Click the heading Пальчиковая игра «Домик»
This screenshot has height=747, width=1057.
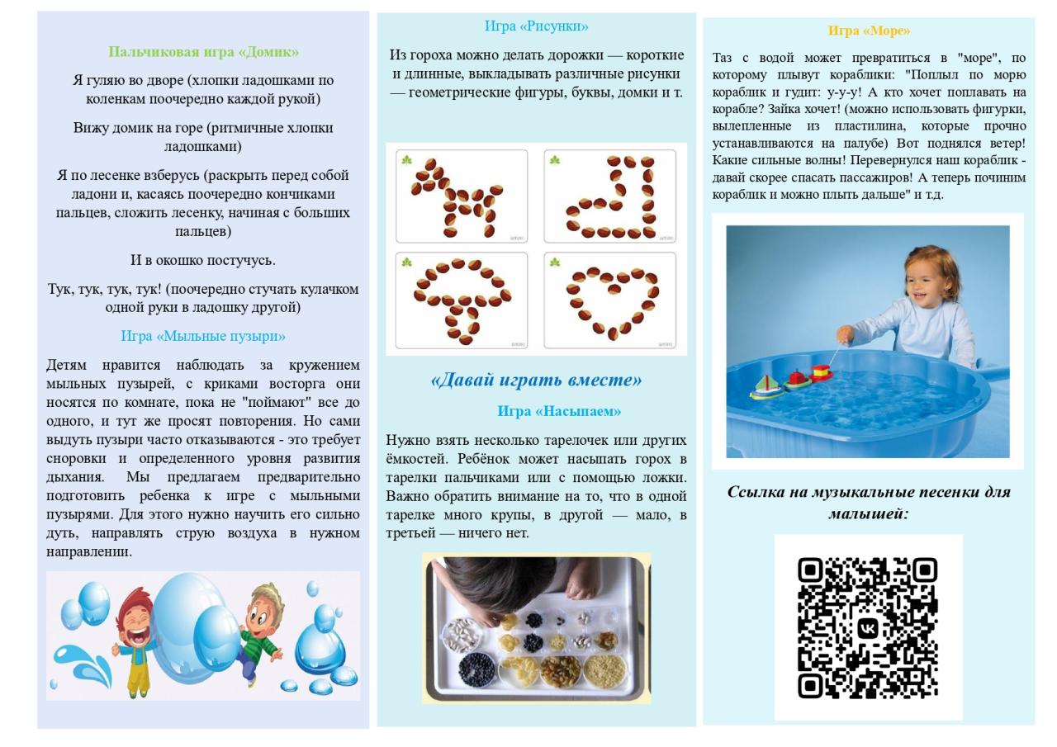tap(203, 52)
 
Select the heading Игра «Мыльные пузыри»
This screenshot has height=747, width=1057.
tap(203, 336)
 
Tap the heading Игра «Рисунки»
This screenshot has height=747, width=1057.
tap(537, 26)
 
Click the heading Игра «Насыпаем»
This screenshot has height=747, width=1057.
tap(559, 410)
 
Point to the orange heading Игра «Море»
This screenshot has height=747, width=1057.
tap(869, 31)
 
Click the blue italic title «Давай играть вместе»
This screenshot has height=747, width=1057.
tap(536, 380)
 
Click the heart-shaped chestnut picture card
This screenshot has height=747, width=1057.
tap(610, 301)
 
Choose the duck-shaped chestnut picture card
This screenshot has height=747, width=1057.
tap(610, 196)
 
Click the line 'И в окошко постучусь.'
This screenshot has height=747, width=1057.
tap(203, 260)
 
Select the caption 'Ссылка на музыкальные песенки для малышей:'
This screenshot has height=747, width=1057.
tap(869, 502)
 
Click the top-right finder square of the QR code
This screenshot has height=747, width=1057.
tap(924, 570)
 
